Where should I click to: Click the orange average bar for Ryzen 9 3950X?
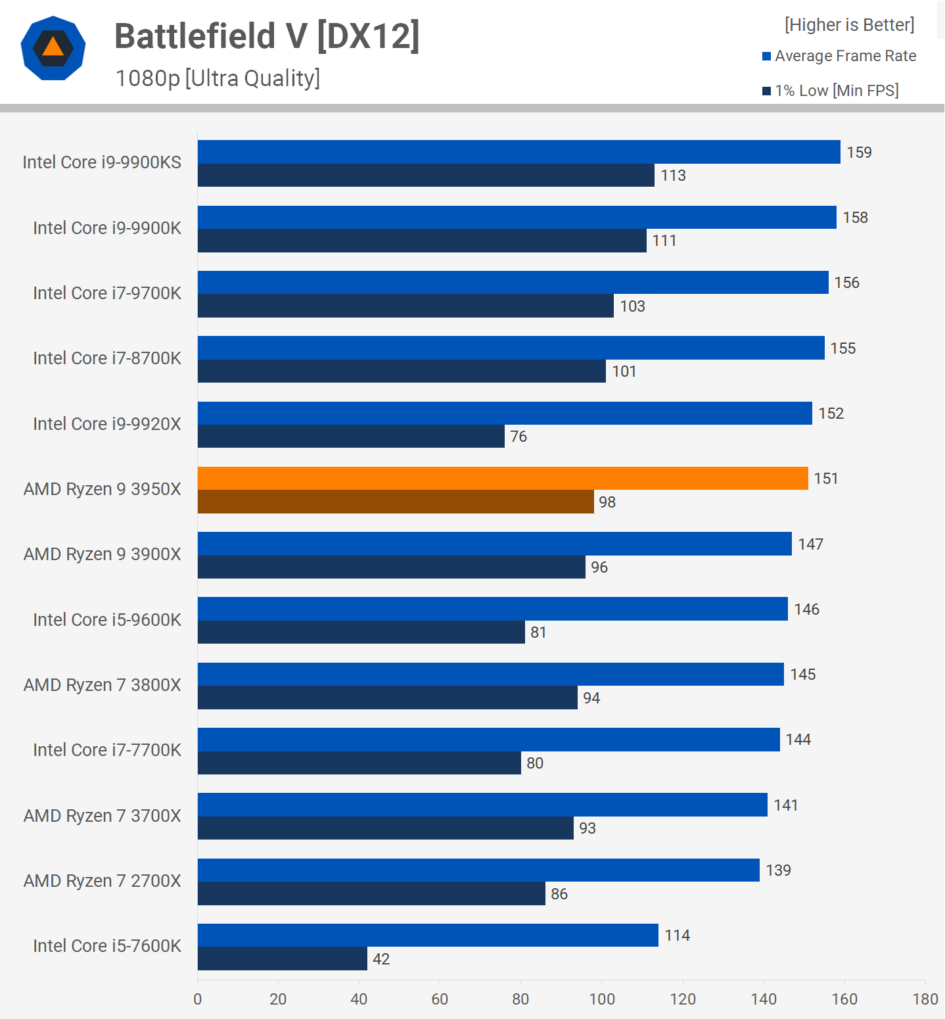(x=503, y=479)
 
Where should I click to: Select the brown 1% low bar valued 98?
(x=396, y=502)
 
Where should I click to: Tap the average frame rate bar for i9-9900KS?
(x=519, y=152)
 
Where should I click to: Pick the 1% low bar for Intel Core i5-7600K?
(x=283, y=959)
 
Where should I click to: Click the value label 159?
(x=859, y=153)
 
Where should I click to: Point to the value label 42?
(x=381, y=959)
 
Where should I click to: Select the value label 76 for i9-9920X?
(x=519, y=437)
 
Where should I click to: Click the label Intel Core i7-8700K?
(x=107, y=358)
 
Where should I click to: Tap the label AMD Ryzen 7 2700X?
(x=103, y=881)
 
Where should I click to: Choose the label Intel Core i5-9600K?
(x=107, y=620)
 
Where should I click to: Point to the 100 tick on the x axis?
(x=602, y=999)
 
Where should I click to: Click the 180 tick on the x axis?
(x=925, y=999)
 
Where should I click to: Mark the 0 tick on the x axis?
(x=198, y=999)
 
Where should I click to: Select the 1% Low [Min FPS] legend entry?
(x=831, y=91)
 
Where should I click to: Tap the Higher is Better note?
(x=849, y=25)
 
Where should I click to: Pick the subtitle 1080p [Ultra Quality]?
(x=218, y=78)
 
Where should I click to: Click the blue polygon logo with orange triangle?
(x=53, y=48)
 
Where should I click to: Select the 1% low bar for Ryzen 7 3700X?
(x=385, y=828)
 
